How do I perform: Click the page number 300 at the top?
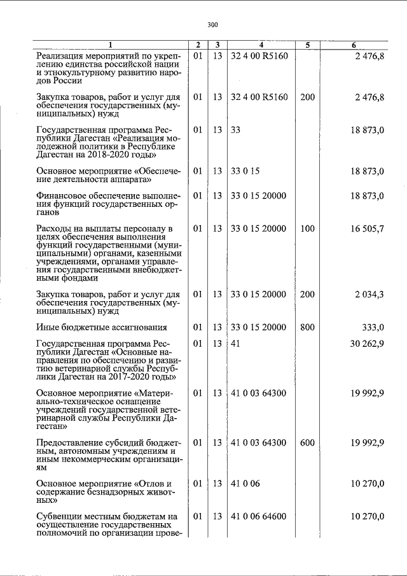click(x=212, y=25)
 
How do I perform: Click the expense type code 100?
click(x=307, y=228)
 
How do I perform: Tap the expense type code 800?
click(x=307, y=328)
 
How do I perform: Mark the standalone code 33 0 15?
click(x=245, y=171)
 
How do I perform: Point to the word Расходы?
click(x=54, y=228)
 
